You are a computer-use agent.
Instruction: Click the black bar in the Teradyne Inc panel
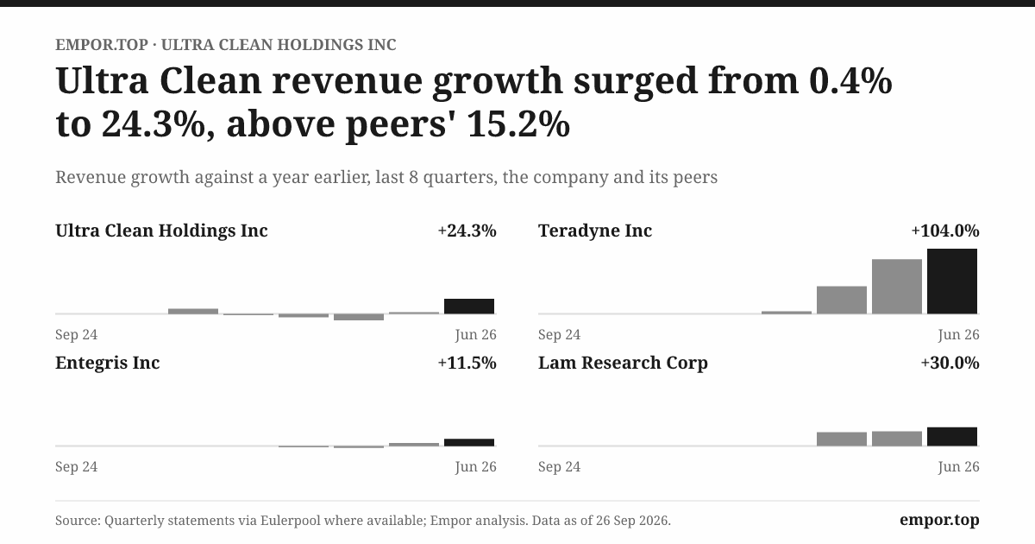tap(952, 281)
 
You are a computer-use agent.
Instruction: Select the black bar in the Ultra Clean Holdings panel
tap(469, 307)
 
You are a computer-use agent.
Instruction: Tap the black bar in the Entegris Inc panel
tap(469, 442)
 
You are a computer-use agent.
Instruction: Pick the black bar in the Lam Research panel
tap(952, 436)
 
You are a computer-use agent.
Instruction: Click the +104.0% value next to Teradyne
tap(945, 231)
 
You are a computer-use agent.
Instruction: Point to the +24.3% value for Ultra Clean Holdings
tap(467, 231)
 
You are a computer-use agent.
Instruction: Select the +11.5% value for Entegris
tap(467, 363)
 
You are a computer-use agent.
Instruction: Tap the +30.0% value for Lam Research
tap(950, 363)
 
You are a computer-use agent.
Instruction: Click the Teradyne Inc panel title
tap(595, 231)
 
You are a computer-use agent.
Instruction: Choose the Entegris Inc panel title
tap(108, 363)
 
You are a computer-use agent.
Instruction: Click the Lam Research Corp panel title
tap(623, 363)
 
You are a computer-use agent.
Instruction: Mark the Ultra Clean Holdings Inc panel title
tap(162, 231)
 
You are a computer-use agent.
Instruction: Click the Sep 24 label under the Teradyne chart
tap(559, 334)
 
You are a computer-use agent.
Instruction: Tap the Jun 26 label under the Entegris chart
tap(475, 466)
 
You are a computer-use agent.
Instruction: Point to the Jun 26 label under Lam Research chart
tap(958, 466)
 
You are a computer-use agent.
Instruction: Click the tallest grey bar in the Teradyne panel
tap(897, 287)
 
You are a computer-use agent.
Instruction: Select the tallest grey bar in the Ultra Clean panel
tap(193, 312)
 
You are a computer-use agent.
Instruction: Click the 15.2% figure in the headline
tap(518, 124)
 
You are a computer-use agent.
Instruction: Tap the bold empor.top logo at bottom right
tap(939, 520)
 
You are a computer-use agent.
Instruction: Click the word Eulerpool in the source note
tap(290, 521)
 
